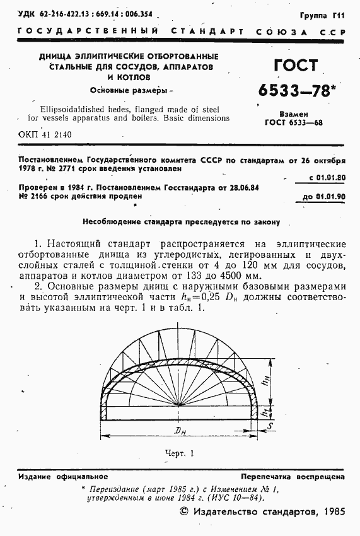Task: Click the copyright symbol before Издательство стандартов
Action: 184,514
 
